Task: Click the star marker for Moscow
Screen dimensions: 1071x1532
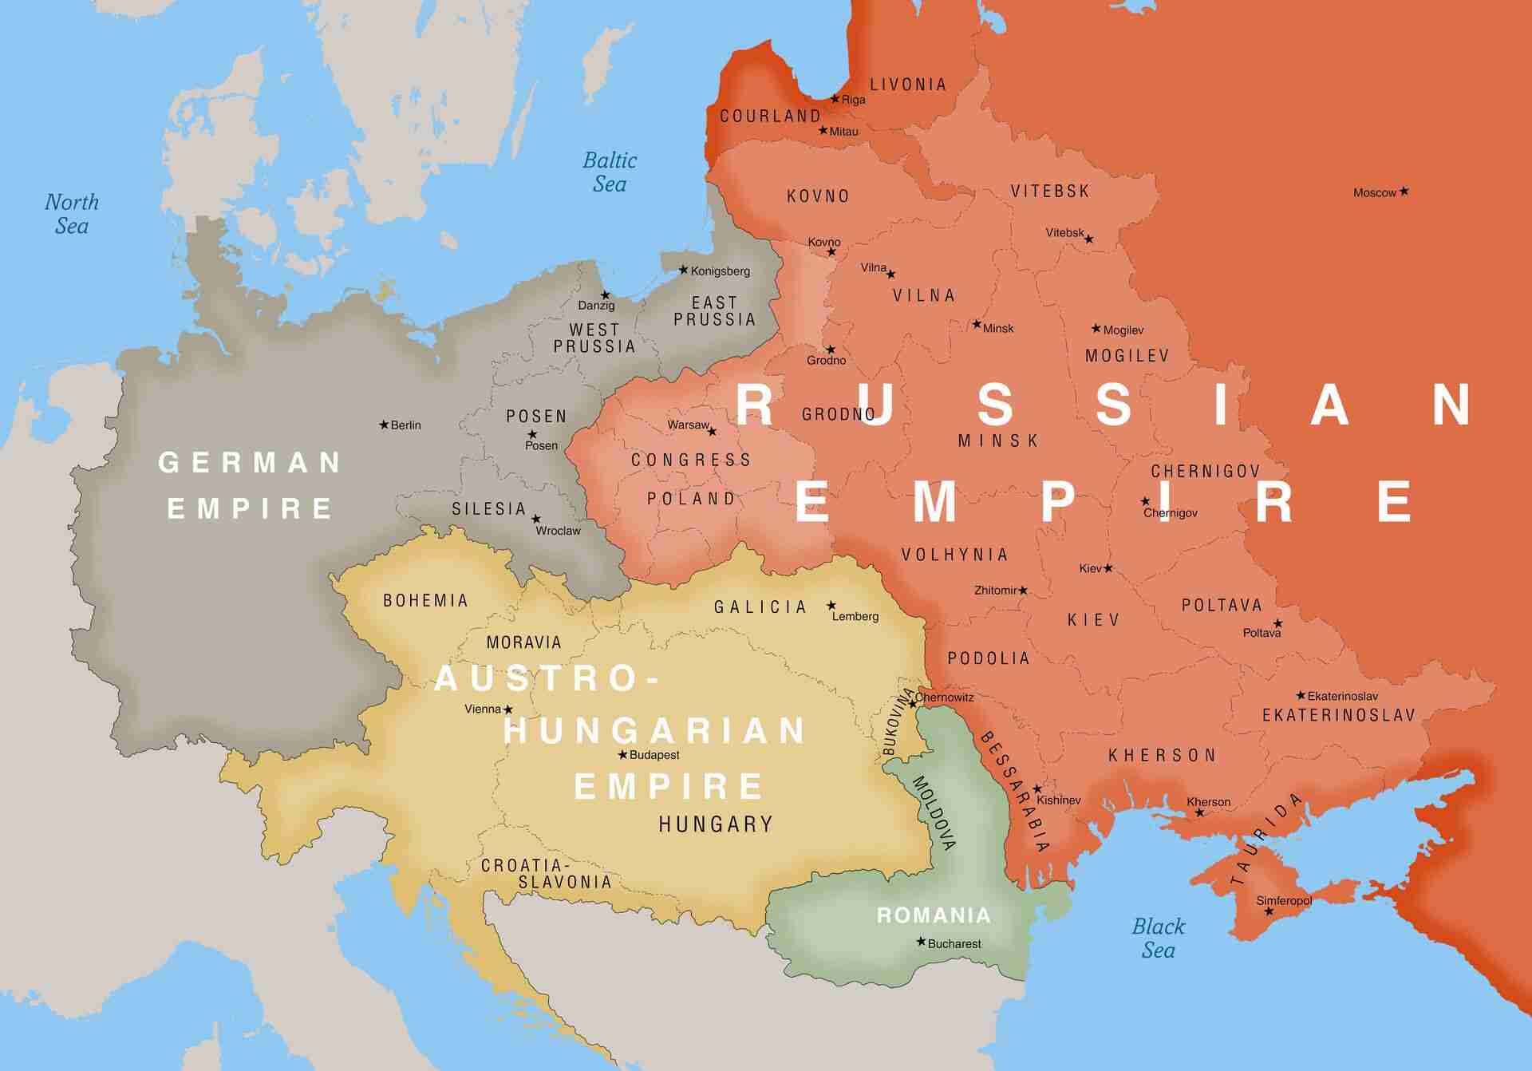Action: [x=1404, y=192]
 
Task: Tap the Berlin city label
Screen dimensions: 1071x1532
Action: [x=405, y=425]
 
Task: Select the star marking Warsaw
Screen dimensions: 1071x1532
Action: [x=713, y=432]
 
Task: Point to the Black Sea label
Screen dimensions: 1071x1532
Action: [x=1158, y=939]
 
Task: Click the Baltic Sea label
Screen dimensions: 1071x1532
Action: [x=610, y=172]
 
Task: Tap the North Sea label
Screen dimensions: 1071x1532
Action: [x=72, y=214]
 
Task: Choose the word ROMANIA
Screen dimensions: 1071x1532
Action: [x=934, y=915]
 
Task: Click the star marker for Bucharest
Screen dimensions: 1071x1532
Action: [x=921, y=942]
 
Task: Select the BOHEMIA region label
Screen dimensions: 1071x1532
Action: [x=425, y=601]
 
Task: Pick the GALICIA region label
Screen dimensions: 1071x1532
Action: [x=760, y=607]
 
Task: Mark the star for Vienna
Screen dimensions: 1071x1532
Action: [x=508, y=709]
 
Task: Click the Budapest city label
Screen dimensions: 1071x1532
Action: [x=654, y=755]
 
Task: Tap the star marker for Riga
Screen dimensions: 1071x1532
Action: [x=835, y=99]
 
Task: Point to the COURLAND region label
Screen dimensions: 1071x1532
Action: [x=770, y=117]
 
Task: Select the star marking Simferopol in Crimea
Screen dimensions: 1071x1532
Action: [x=1269, y=911]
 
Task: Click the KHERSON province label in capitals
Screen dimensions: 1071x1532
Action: [x=1162, y=756]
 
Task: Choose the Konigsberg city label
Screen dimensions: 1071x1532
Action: [x=720, y=271]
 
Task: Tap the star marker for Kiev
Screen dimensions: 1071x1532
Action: [x=1108, y=568]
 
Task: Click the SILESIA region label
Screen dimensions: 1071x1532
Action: [x=488, y=509]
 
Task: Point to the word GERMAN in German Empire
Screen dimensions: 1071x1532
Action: [x=250, y=463]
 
